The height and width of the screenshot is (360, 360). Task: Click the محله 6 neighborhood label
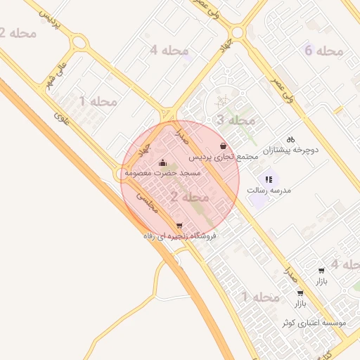click(x=323, y=51)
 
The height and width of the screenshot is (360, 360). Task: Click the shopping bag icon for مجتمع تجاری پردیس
click(x=223, y=146)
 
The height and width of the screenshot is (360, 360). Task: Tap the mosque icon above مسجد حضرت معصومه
click(x=163, y=163)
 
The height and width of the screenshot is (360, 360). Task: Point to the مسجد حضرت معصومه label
click(x=163, y=173)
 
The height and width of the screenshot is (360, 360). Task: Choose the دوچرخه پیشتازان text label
click(x=291, y=150)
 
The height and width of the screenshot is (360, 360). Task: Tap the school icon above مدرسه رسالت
click(x=269, y=179)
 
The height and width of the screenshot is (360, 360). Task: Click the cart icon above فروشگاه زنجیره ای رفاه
click(x=179, y=226)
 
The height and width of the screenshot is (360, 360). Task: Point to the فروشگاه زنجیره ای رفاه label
click(x=179, y=237)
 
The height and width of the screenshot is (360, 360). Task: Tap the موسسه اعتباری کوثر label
click(x=314, y=323)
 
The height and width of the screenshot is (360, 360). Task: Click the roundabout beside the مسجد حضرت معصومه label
click(x=120, y=173)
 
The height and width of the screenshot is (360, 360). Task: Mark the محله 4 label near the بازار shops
click(x=344, y=264)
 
